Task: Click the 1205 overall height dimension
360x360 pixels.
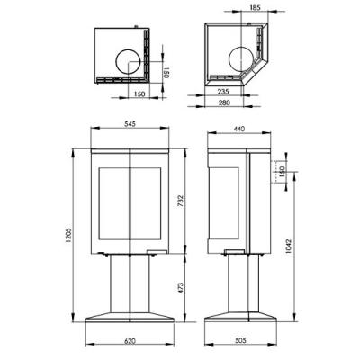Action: click(x=68, y=236)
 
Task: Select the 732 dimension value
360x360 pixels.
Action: click(x=180, y=201)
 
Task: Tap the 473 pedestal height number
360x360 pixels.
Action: click(x=180, y=288)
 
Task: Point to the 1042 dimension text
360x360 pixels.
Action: click(x=288, y=247)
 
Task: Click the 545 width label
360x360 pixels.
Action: click(x=130, y=123)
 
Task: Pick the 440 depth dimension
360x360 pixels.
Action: click(x=239, y=129)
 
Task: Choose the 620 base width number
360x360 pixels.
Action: click(x=130, y=341)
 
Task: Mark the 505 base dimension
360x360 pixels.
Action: click(x=240, y=340)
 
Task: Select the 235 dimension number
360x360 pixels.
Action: click(x=223, y=92)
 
